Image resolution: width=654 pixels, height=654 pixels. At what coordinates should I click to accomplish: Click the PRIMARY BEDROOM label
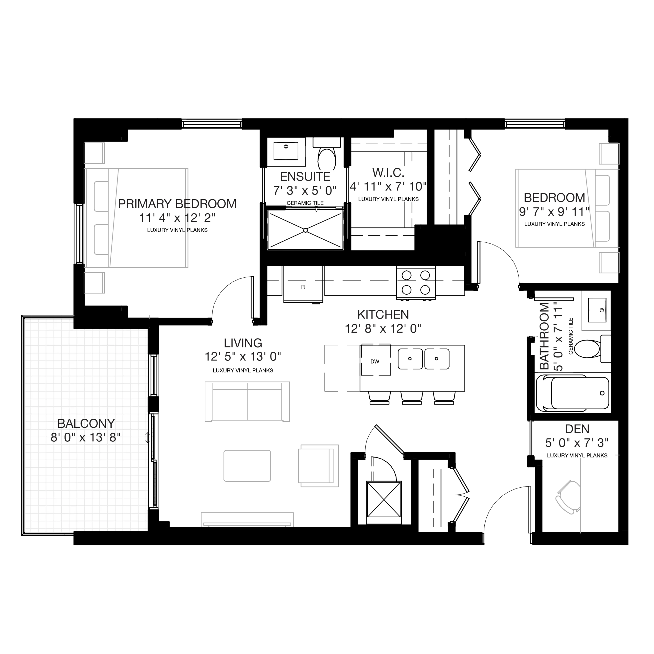pos(177,204)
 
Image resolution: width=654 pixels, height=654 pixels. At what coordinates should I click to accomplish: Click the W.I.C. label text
pos(388,173)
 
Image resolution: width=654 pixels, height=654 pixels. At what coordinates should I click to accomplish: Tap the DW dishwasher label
pos(375,361)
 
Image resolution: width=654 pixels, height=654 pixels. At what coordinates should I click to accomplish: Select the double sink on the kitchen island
pos(424,359)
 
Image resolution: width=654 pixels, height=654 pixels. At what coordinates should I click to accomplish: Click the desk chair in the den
pos(568,497)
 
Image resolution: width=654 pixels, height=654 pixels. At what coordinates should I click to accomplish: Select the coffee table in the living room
pos(247,466)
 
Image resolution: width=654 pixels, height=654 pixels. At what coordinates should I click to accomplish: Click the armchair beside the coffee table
pos(318,466)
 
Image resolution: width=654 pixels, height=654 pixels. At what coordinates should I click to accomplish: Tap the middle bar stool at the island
pos(412,398)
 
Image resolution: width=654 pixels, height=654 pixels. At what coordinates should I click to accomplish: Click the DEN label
pos(577,429)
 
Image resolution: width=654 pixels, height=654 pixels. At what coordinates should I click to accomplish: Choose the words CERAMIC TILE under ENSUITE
pos(305,203)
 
